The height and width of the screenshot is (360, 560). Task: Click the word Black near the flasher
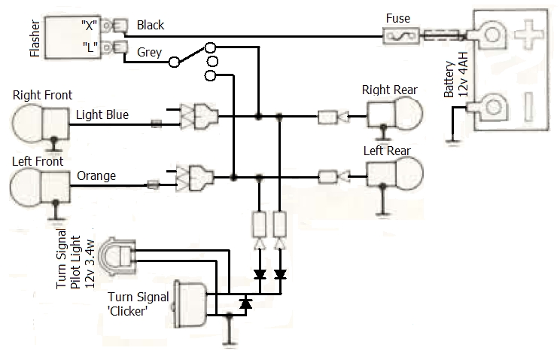pyautogui.click(x=151, y=25)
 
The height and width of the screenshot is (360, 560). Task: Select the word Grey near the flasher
pyautogui.click(x=149, y=52)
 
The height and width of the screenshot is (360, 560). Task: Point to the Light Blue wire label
pyautogui.click(x=102, y=115)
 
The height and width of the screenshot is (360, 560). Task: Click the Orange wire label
pyautogui.click(x=96, y=176)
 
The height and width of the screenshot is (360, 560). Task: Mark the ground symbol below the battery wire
pyautogui.click(x=451, y=141)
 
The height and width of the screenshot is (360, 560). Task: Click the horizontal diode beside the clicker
pyautogui.click(x=245, y=304)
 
